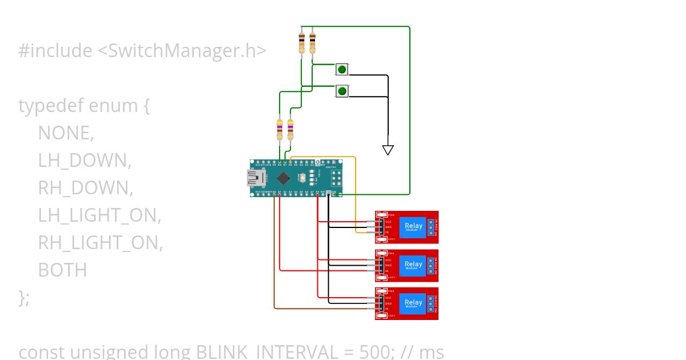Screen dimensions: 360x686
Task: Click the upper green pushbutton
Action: [342, 70]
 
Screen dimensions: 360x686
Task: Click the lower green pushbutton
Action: [342, 91]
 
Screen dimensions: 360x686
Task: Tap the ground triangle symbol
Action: [388, 150]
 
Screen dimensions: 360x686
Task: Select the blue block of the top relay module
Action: [413, 226]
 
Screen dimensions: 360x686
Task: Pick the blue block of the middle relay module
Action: [413, 265]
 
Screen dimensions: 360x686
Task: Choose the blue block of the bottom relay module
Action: [413, 303]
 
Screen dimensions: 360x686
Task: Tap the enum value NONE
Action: [65, 133]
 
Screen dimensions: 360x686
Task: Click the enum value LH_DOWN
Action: [85, 161]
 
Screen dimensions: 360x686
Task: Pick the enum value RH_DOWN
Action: [85, 188]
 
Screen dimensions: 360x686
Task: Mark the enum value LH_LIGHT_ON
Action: [99, 215]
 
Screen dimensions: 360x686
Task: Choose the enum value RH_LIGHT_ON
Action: [100, 243]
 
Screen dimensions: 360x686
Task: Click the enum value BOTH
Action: [62, 270]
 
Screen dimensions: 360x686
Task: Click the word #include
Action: [55, 51]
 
